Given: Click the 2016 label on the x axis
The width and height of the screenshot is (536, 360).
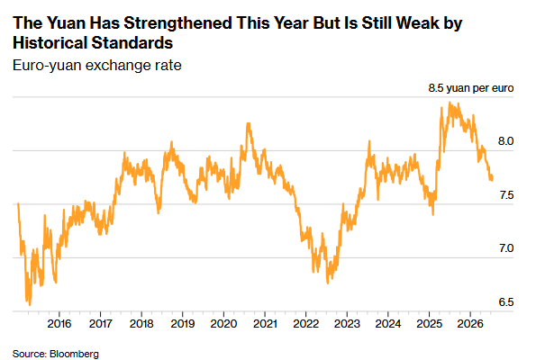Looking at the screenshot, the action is [59, 323].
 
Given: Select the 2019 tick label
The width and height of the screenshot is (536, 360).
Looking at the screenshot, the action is [183, 323].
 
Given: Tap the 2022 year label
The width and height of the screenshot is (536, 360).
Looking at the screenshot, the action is [306, 323].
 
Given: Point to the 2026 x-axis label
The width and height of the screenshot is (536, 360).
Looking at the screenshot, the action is [470, 323].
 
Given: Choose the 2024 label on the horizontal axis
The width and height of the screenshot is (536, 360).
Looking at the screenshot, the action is [388, 323].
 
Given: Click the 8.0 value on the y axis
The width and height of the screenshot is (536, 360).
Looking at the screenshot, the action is [505, 141].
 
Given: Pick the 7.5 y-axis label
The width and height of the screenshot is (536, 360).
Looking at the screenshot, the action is [506, 195].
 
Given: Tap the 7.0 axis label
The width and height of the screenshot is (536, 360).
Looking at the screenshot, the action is [506, 248].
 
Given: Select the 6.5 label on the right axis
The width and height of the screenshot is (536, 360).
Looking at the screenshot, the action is [506, 302].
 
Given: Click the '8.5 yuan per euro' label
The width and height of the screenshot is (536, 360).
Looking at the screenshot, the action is [471, 88].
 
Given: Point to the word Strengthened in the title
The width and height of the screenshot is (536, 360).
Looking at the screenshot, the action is [177, 22].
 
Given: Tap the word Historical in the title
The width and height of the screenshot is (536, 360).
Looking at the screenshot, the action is [50, 42].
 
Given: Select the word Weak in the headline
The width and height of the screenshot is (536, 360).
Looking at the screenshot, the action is [418, 22].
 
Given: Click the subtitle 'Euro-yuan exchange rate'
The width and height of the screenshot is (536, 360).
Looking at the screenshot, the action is [97, 65].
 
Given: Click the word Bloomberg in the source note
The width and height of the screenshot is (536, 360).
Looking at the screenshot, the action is [74, 354].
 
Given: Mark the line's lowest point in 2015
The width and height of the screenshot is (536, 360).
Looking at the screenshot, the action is [30, 305].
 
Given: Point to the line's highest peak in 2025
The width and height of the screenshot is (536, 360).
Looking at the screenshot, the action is [450, 102].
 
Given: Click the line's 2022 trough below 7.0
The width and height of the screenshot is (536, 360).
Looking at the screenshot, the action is [328, 283].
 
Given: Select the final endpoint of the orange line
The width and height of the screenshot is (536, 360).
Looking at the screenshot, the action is [492, 178].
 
